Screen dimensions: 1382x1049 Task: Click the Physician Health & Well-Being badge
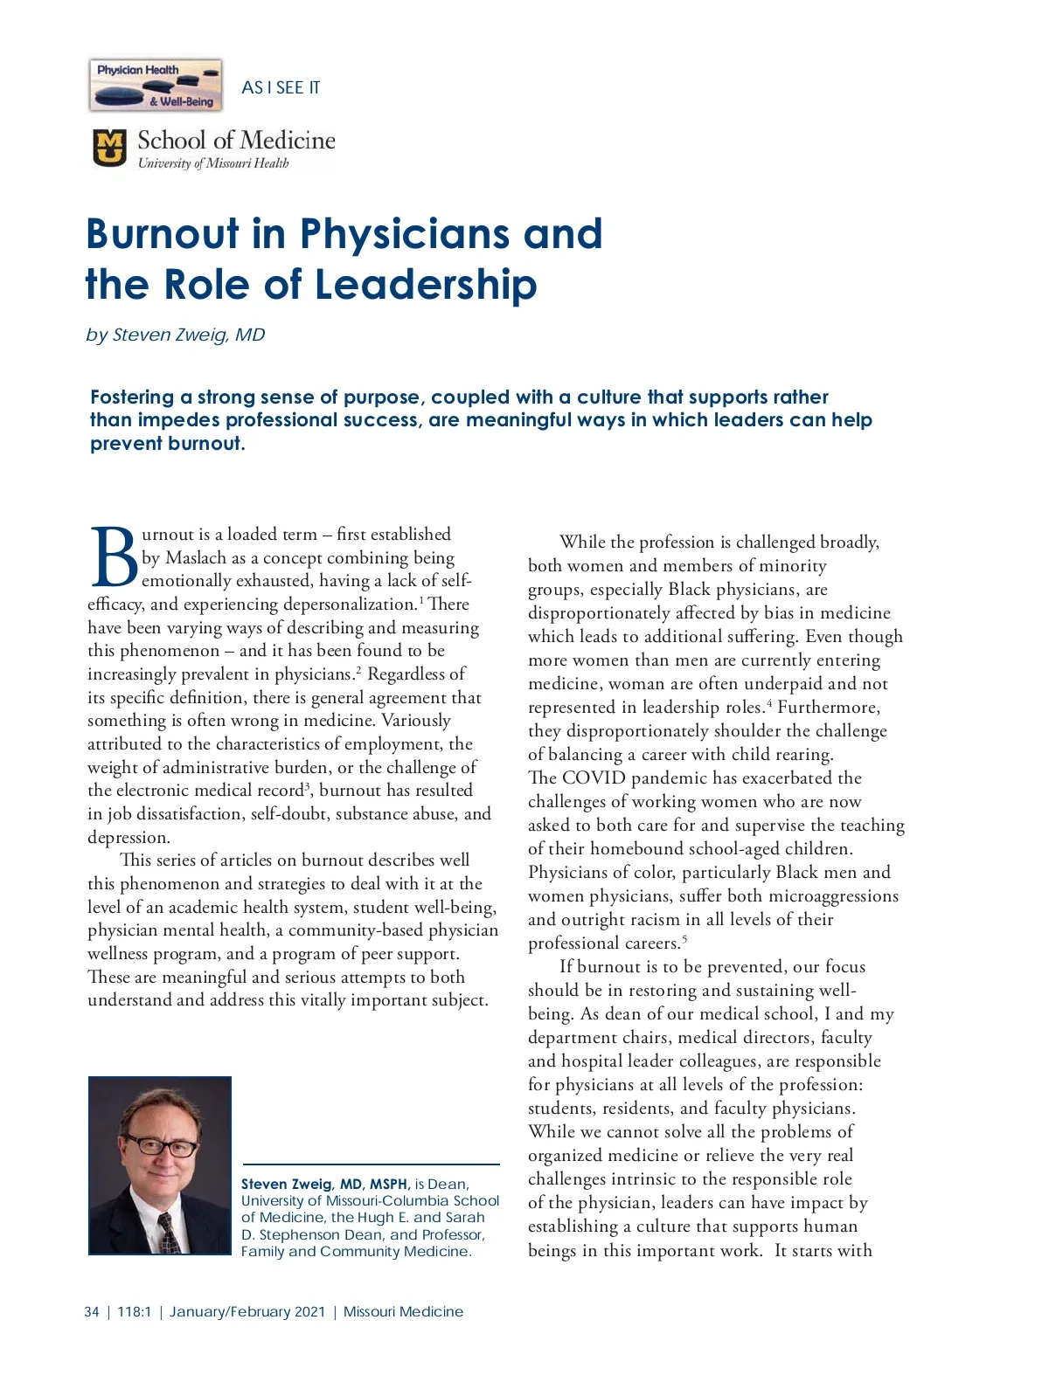[x=156, y=86]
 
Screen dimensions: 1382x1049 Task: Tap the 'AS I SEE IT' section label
[x=281, y=87]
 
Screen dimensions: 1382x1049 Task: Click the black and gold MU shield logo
[x=109, y=149]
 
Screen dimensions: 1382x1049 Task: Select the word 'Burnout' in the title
[x=162, y=234]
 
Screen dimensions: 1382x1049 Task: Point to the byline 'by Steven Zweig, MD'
[x=176, y=335]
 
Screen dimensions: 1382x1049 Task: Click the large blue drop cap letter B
[x=113, y=556]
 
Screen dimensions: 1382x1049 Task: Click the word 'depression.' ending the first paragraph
[x=129, y=837]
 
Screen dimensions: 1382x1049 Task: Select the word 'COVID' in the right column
[x=594, y=777]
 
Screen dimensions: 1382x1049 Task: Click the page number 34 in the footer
[x=92, y=1311]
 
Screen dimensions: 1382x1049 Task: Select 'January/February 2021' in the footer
[x=247, y=1311]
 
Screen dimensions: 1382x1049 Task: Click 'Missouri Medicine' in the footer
[x=403, y=1311]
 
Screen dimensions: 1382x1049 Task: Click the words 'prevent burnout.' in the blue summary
[x=168, y=444]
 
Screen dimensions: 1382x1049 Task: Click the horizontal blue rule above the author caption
[x=371, y=1164]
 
